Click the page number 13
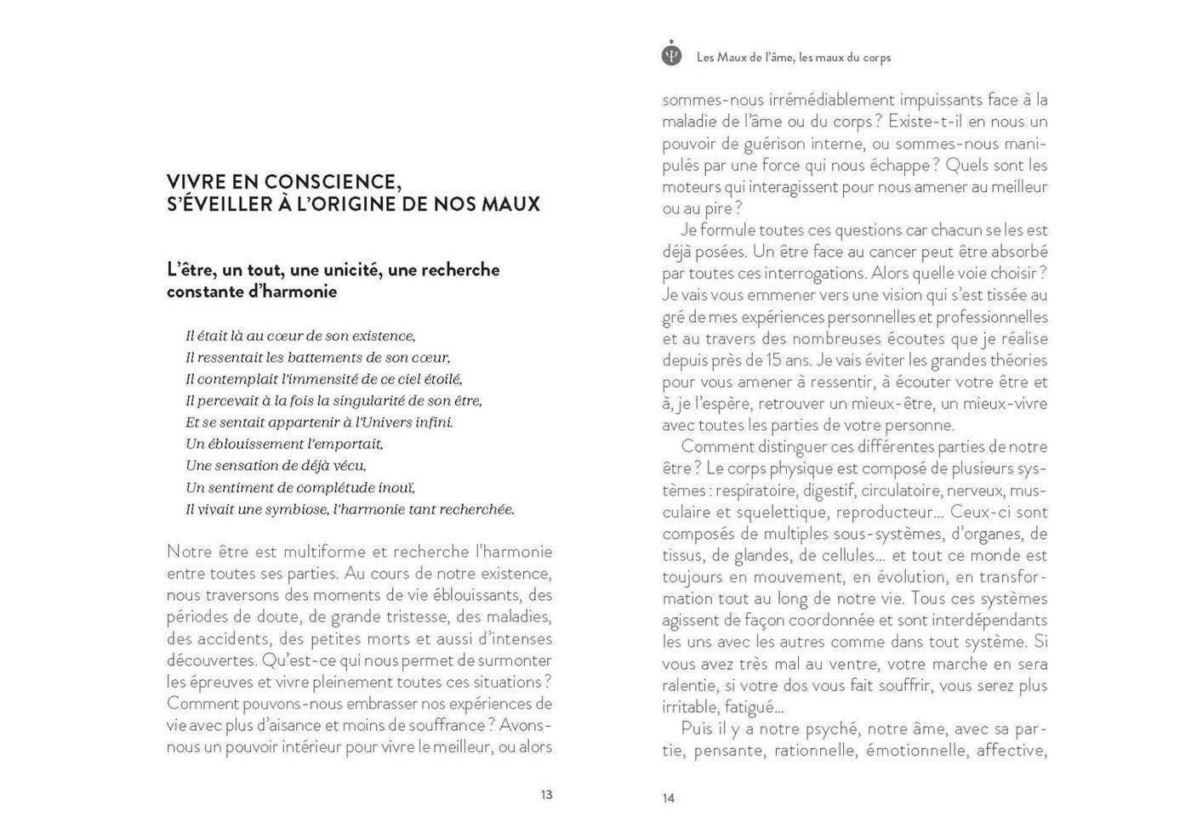546,795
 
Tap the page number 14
669,798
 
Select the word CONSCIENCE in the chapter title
333,182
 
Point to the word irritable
690,707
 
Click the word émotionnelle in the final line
916,751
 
